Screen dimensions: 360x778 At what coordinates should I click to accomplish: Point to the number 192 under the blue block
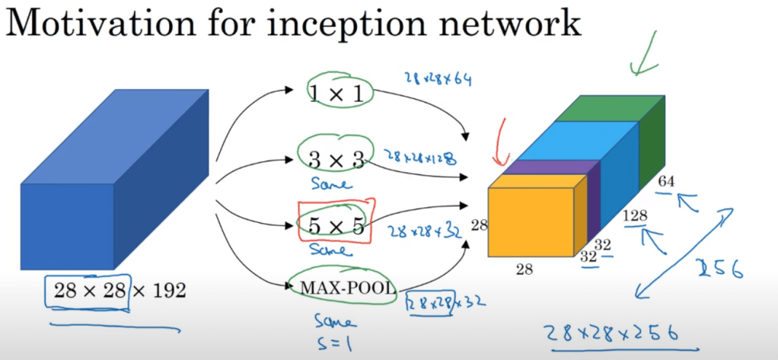(x=161, y=290)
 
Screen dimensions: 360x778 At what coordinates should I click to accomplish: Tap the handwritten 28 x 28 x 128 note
(x=420, y=158)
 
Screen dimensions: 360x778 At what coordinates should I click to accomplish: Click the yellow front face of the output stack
(x=530, y=221)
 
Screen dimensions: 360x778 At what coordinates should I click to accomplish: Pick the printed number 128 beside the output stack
(x=635, y=216)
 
